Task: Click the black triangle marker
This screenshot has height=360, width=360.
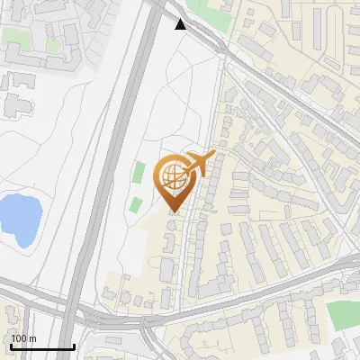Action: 182,24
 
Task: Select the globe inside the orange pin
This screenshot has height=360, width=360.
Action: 174,177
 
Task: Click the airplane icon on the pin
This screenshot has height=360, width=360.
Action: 200,164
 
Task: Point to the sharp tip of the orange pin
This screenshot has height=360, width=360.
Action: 174,212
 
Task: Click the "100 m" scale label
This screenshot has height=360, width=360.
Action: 23,338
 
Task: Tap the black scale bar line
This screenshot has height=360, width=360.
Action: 41,346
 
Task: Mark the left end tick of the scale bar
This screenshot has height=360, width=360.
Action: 10,345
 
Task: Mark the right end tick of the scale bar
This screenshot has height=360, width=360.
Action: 74,345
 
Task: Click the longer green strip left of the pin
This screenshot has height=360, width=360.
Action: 139,174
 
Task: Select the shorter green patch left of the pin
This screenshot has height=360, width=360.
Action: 135,204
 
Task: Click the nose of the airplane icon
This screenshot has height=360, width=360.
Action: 214,155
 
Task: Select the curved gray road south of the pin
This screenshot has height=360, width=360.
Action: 225,310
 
